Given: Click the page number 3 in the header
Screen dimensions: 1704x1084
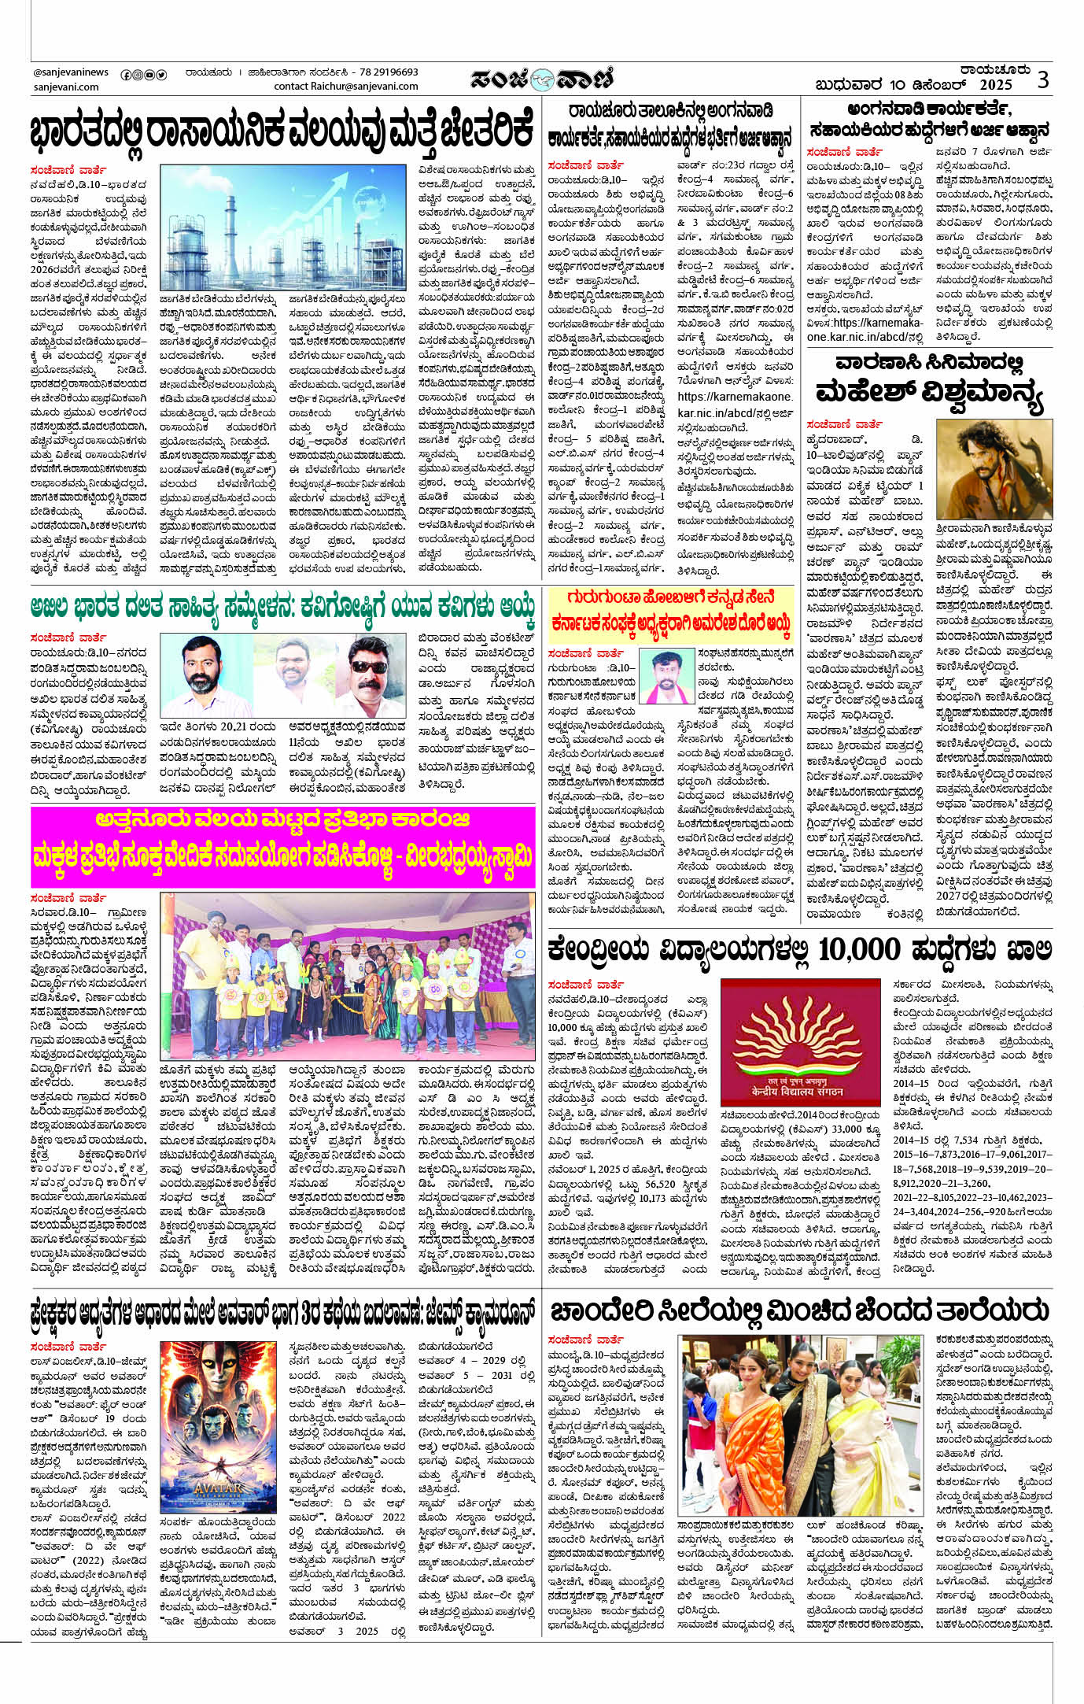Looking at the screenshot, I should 1042,79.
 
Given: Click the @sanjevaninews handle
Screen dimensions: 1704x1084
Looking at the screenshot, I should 71,72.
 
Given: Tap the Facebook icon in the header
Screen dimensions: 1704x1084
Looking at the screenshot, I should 125,75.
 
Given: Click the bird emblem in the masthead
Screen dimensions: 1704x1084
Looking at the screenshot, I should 542,79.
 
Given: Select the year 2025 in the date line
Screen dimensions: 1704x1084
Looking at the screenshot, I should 995,85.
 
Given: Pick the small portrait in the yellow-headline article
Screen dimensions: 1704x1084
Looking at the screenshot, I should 666,677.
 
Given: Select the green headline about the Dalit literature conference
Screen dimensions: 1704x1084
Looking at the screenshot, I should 283,607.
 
